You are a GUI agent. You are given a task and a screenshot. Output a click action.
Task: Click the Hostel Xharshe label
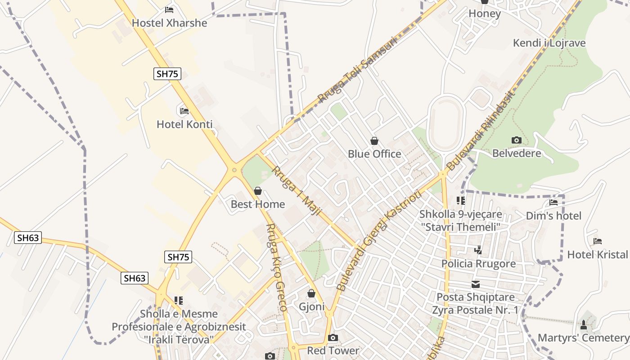pyautogui.click(x=170, y=23)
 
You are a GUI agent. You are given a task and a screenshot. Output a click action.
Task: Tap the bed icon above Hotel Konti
pyautogui.click(x=184, y=111)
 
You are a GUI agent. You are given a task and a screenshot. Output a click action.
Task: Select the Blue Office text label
pyautogui.click(x=374, y=154)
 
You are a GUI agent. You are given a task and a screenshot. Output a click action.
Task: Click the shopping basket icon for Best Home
pyautogui.click(x=258, y=191)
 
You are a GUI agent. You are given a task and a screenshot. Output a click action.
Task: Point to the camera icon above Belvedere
pyautogui.click(x=517, y=140)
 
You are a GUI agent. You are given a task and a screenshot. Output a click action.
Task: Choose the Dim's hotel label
pyautogui.click(x=553, y=216)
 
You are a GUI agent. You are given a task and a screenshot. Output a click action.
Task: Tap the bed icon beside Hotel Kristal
pyautogui.click(x=597, y=242)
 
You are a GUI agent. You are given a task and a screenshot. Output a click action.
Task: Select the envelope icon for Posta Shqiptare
pyautogui.click(x=476, y=284)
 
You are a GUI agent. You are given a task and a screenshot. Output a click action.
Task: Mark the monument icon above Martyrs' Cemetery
pyautogui.click(x=584, y=324)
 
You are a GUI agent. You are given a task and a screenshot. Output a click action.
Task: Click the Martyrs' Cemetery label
pyautogui.click(x=584, y=337)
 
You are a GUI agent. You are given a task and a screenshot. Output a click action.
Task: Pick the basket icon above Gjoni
pyautogui.click(x=311, y=294)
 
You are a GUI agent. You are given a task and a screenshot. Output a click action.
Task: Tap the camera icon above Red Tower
pyautogui.click(x=333, y=338)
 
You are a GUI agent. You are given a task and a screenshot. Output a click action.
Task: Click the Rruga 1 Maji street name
pyautogui.click(x=297, y=191)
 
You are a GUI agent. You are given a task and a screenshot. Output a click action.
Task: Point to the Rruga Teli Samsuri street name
pyautogui.click(x=358, y=70)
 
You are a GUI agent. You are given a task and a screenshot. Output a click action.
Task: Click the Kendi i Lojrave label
pyautogui.click(x=549, y=43)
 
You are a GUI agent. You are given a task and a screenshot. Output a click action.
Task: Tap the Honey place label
pyautogui.click(x=484, y=13)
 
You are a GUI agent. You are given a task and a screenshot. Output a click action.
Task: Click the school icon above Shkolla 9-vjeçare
pyautogui.click(x=460, y=200)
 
